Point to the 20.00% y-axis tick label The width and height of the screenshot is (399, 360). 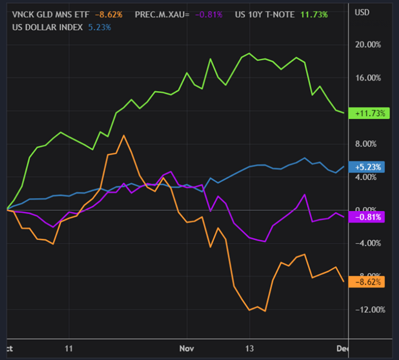(369, 45)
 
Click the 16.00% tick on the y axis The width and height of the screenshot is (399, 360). (369, 78)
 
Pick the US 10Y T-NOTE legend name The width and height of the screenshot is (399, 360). (264, 14)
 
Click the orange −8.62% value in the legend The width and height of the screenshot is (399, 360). (109, 14)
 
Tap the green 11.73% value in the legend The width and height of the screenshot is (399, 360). (314, 14)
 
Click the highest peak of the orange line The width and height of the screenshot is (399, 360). (123, 135)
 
